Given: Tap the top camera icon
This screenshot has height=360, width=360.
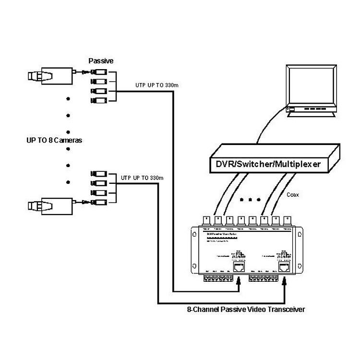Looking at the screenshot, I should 50,75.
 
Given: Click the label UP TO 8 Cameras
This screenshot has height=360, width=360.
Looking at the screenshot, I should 54,141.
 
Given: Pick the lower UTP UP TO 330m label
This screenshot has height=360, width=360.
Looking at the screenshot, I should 143,178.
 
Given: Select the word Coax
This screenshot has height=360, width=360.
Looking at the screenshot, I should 292,195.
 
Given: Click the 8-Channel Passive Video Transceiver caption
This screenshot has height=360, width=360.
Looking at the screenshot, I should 246,310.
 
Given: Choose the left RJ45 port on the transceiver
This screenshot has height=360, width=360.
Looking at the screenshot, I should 238,266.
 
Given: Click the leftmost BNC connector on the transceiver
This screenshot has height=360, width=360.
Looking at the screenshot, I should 206,220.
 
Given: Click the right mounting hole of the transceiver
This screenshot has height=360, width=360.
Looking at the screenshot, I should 300,235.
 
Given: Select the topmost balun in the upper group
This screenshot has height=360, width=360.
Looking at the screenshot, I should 100,71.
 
